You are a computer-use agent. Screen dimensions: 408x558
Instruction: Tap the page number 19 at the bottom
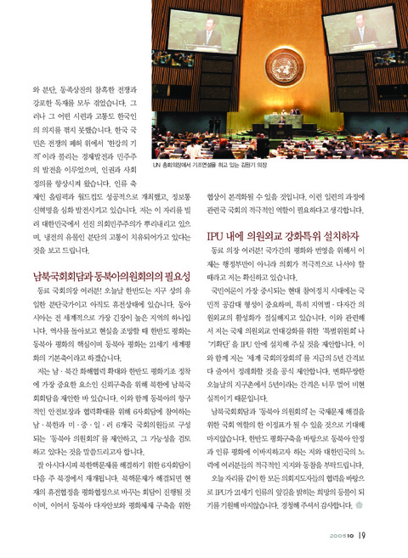tap(361, 533)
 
